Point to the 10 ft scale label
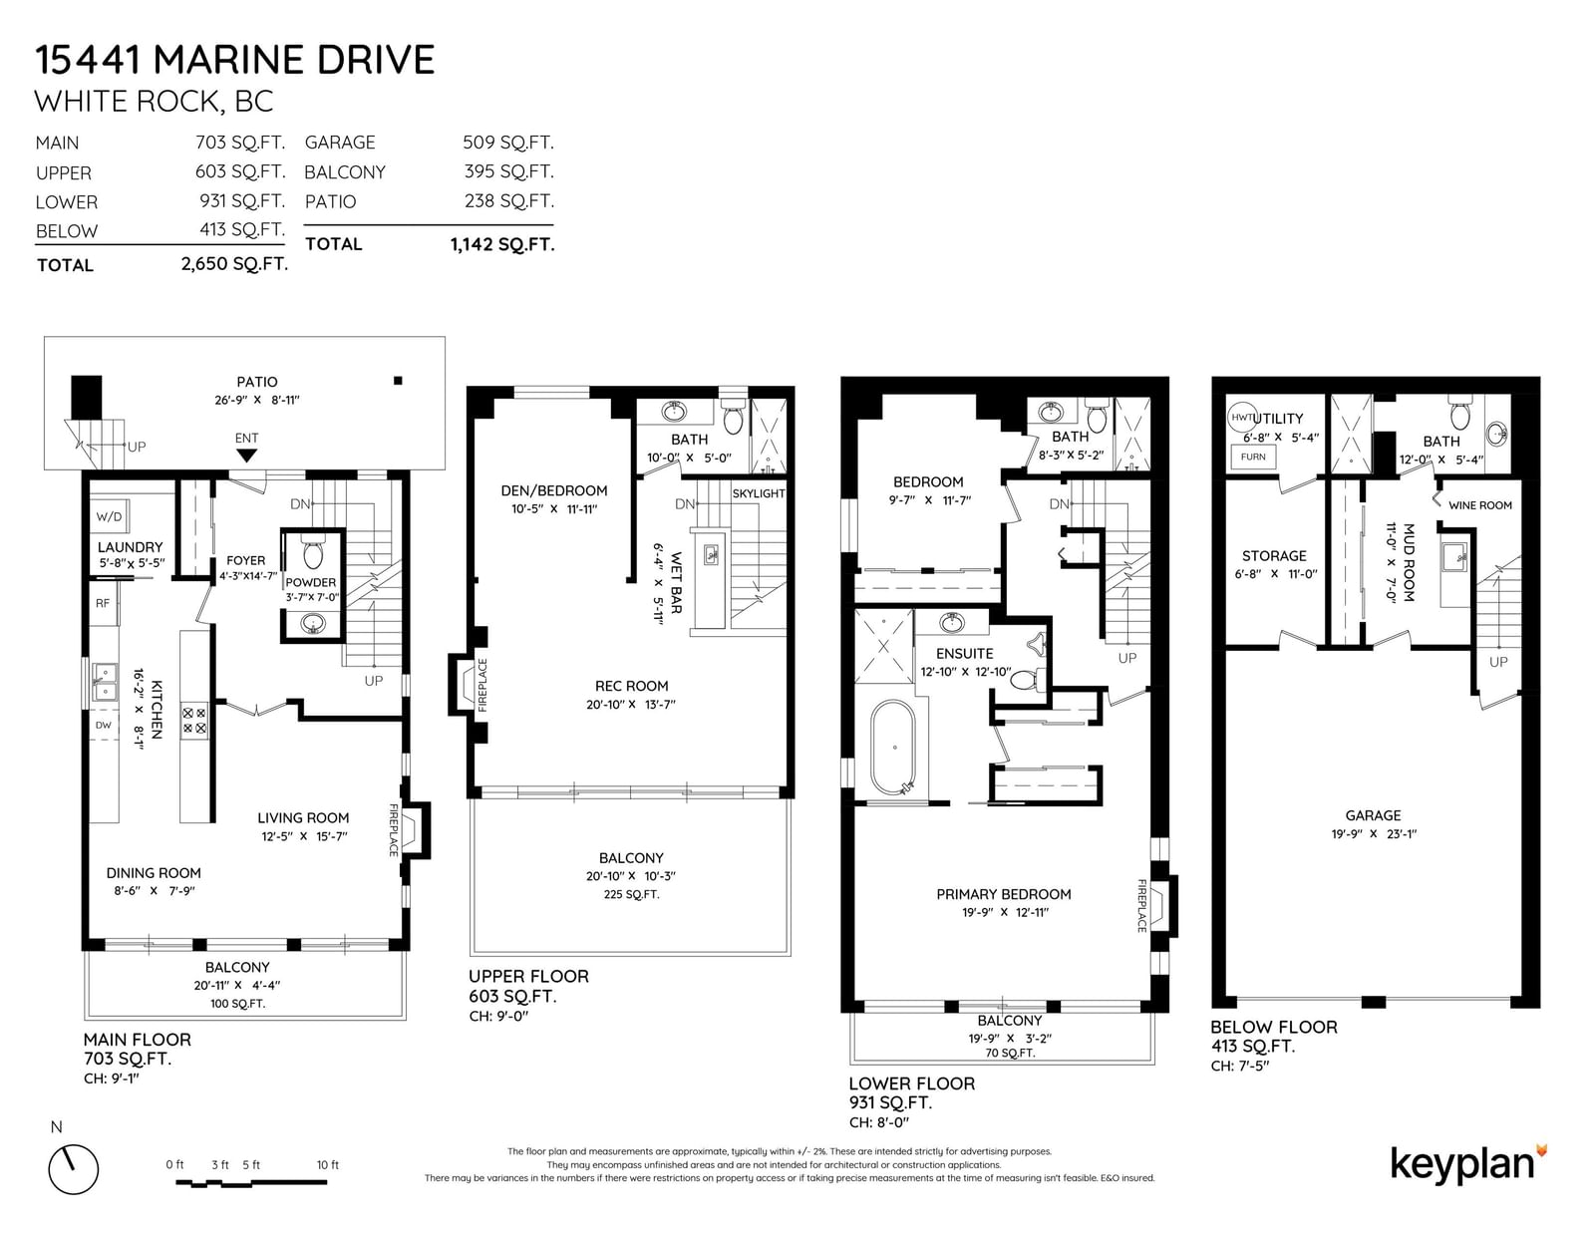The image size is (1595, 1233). click(327, 1165)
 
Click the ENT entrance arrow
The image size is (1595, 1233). click(246, 456)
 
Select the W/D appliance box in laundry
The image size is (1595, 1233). click(110, 516)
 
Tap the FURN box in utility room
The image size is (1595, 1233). click(1253, 457)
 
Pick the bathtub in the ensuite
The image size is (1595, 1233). click(892, 748)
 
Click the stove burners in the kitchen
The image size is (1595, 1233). click(194, 720)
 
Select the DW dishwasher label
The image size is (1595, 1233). click(104, 725)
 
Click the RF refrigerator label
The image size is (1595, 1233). click(103, 603)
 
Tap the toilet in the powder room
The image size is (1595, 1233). click(313, 553)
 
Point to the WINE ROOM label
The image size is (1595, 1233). click(1479, 505)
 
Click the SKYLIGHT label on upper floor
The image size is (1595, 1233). click(759, 493)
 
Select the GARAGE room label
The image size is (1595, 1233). click(1373, 815)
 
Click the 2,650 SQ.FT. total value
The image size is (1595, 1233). click(234, 263)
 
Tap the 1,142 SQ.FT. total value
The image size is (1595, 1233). click(502, 244)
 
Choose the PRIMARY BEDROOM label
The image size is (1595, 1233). click(1004, 894)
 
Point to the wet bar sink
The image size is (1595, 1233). click(711, 555)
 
